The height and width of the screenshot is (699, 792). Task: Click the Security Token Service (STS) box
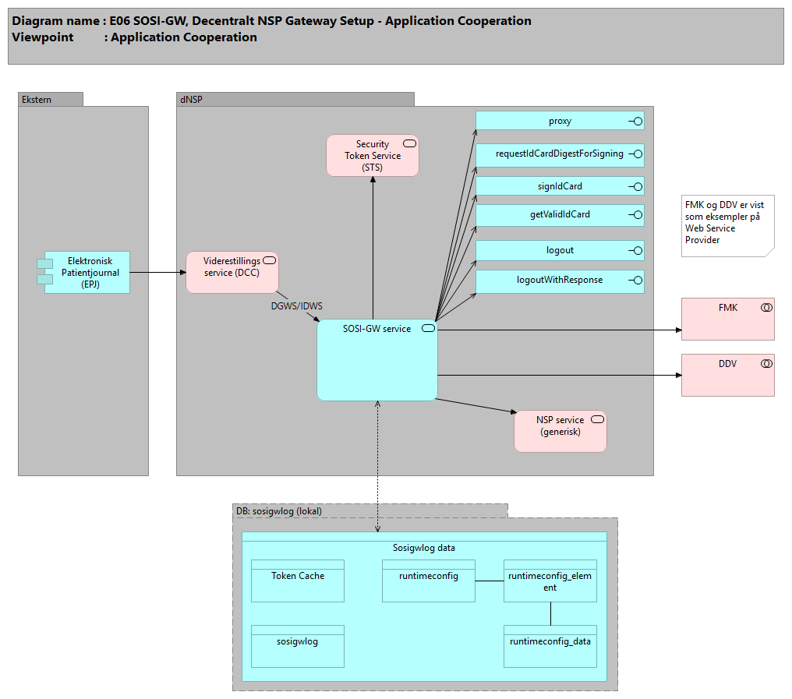(x=372, y=155)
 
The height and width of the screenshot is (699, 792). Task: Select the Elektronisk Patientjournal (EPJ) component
(x=87, y=272)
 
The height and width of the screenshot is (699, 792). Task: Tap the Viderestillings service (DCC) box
(x=232, y=272)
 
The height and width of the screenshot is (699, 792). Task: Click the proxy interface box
(x=560, y=121)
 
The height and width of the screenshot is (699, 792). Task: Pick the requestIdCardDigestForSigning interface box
(x=560, y=154)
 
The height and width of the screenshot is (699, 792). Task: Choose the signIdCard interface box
(x=560, y=186)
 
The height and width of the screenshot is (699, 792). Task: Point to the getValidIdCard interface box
(x=560, y=214)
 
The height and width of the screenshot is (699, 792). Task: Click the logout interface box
(x=560, y=250)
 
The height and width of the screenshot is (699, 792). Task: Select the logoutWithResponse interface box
(x=560, y=281)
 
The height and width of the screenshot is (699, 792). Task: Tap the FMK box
(x=727, y=319)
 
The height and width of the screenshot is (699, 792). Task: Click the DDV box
(x=727, y=375)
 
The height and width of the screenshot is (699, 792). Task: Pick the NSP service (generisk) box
(x=560, y=431)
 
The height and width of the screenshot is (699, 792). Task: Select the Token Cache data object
(x=298, y=581)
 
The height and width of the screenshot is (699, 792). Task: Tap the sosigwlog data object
(x=298, y=646)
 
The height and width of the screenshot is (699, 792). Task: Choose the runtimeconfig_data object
(x=550, y=646)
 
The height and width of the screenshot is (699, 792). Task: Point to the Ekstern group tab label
(x=37, y=100)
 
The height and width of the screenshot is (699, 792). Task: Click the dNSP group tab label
(x=192, y=100)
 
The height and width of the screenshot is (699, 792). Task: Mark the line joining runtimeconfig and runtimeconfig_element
(x=490, y=581)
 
